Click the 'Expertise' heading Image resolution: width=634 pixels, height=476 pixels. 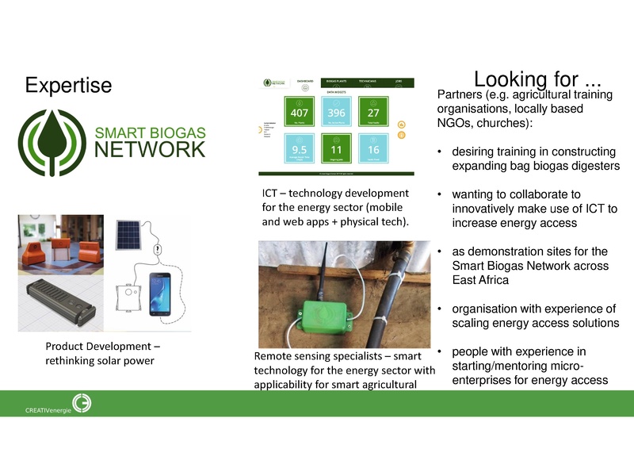click(x=67, y=85)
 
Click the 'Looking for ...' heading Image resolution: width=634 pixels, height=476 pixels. click(x=537, y=79)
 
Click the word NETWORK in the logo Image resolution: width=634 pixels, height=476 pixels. click(x=151, y=149)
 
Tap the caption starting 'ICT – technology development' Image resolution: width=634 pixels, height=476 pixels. click(x=336, y=207)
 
